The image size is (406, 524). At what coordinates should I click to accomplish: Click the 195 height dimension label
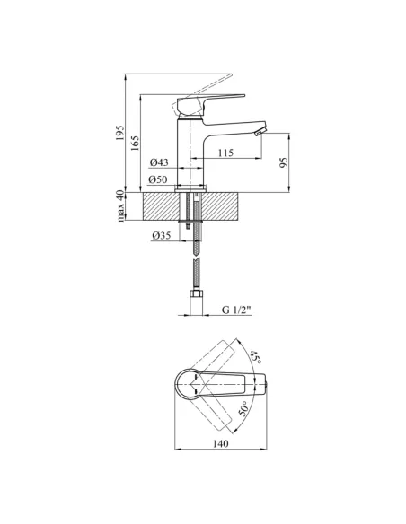point(119,133)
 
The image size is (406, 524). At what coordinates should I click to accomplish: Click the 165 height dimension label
point(135,143)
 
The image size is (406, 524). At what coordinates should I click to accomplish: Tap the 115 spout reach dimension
point(225,153)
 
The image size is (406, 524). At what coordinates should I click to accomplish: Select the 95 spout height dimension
point(284,162)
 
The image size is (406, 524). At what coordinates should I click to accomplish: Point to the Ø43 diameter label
point(159,162)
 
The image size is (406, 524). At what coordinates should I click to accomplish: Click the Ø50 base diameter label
point(157,179)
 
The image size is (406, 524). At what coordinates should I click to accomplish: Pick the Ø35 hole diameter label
point(161,236)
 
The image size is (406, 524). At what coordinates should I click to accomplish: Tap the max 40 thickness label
point(120,206)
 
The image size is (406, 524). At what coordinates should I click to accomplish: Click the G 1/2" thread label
point(236,310)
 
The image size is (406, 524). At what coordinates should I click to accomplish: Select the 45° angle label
point(255,358)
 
